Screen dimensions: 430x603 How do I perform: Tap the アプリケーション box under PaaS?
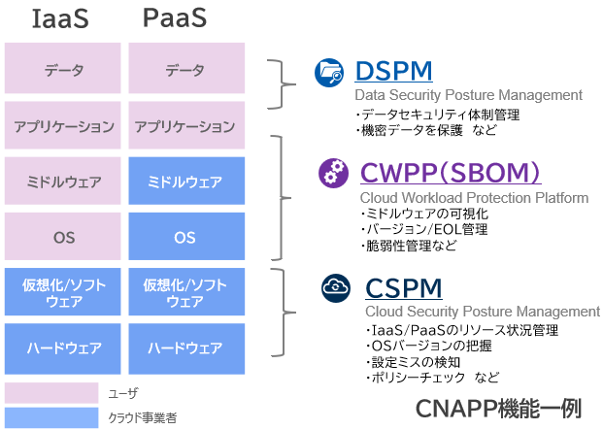(184, 126)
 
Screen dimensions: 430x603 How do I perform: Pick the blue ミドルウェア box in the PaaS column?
(184, 182)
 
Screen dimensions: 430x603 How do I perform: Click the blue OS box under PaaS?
(184, 237)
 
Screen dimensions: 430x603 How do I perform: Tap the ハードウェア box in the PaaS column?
(184, 347)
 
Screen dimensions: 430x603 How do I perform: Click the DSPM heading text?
(393, 72)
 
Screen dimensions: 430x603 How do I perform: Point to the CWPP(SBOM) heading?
(450, 173)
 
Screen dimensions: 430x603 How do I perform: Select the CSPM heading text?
(404, 288)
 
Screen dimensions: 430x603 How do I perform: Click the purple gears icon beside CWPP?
(334, 174)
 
